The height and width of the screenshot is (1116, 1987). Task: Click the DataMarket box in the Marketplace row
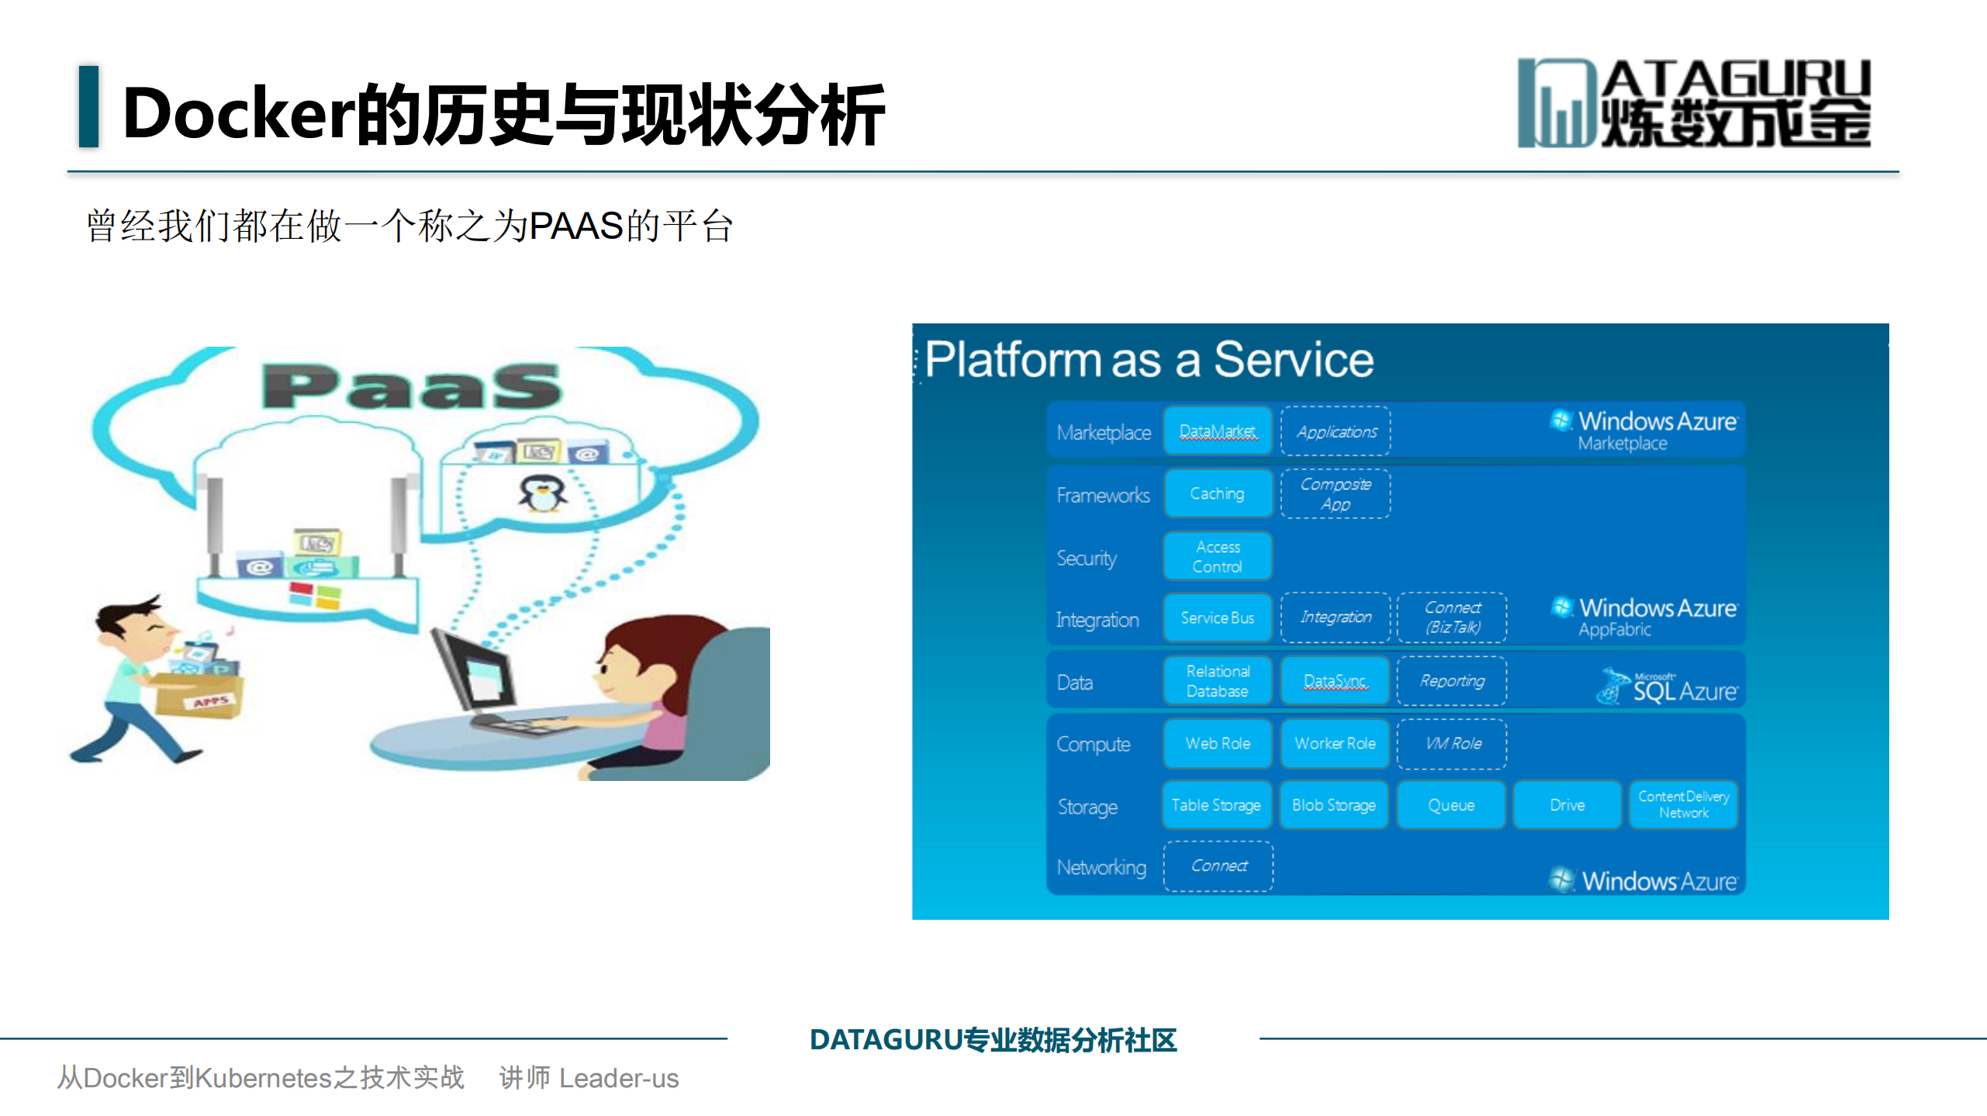(x=1217, y=431)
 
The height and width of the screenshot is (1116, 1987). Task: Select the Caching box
(x=1217, y=493)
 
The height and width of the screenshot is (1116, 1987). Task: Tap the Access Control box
(x=1217, y=556)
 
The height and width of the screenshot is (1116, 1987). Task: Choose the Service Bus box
(x=1217, y=618)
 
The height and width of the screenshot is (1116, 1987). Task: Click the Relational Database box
(x=1217, y=681)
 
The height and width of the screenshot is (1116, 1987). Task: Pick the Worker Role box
(x=1334, y=743)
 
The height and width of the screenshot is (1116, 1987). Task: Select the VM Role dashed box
(x=1452, y=743)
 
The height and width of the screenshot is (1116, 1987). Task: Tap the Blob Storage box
(x=1334, y=805)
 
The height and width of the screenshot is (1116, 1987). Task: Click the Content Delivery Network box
(x=1683, y=805)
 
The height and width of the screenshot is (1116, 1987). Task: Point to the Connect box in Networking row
(x=1218, y=866)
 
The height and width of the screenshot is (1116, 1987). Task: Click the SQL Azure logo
(x=1667, y=686)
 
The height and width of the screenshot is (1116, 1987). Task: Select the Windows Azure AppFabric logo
(x=1644, y=617)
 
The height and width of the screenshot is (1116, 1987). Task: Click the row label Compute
(x=1094, y=745)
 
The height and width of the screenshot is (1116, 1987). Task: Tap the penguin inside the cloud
(x=542, y=493)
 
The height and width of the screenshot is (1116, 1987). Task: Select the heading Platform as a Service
(x=1149, y=360)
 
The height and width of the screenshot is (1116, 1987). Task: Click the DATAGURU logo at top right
(x=1694, y=103)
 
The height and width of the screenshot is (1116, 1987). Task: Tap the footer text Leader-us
(x=618, y=1078)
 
